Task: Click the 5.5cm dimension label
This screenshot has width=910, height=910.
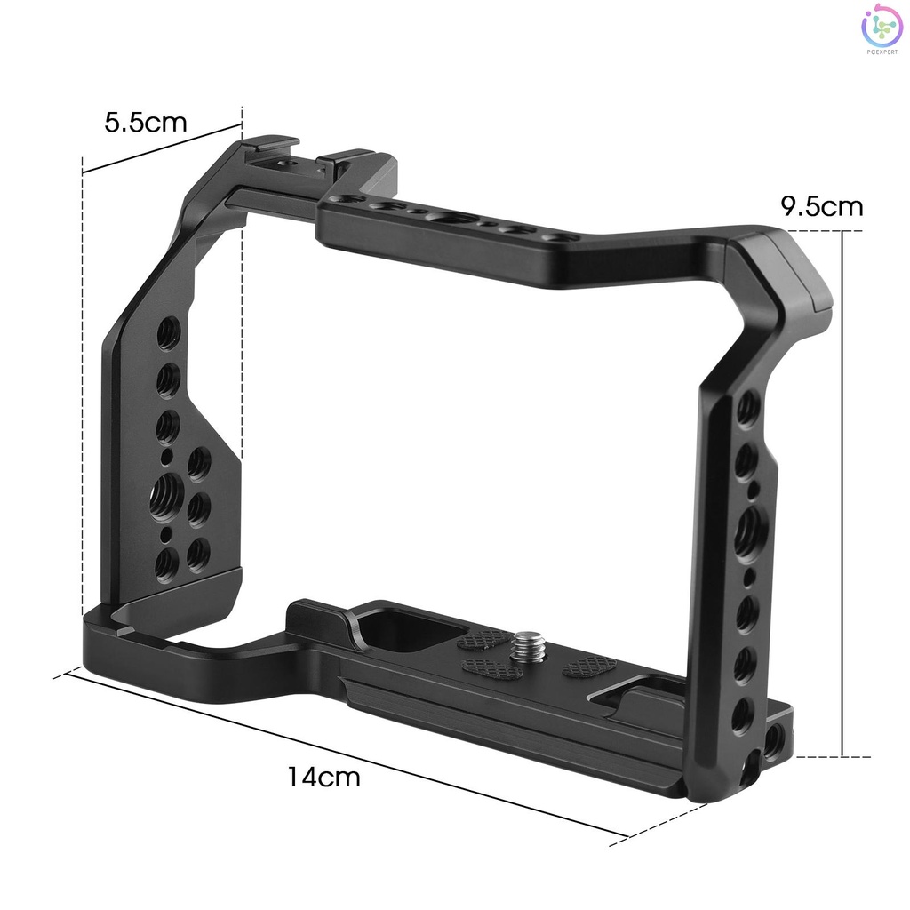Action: pyautogui.click(x=146, y=123)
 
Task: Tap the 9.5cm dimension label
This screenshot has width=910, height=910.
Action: pyautogui.click(x=821, y=206)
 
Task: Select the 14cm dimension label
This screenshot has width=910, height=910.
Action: pyautogui.click(x=323, y=777)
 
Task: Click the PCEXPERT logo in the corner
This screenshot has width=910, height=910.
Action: pyautogui.click(x=882, y=28)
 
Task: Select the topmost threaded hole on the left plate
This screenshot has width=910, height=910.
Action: pyautogui.click(x=169, y=333)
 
